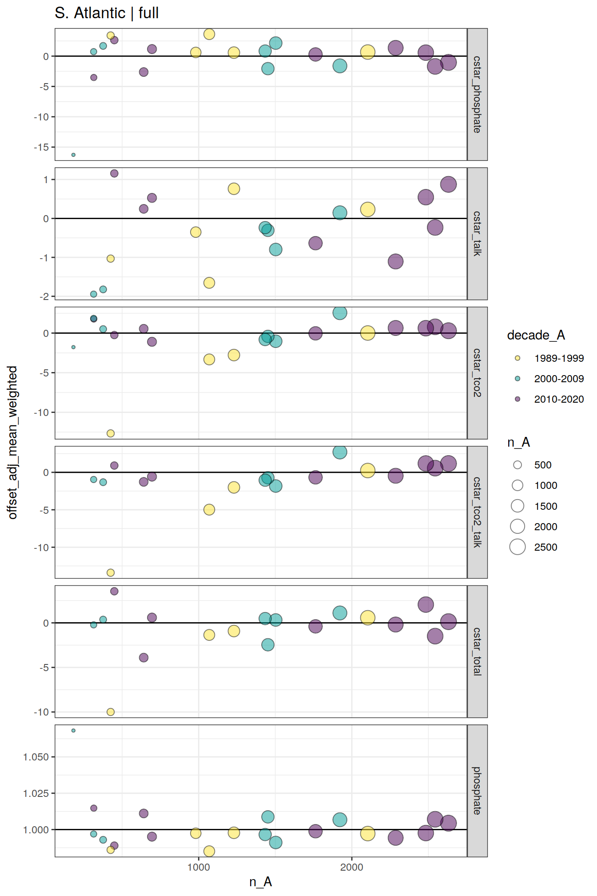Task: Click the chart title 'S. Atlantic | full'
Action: (107, 13)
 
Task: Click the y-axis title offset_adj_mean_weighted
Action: (12, 442)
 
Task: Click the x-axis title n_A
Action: (260, 882)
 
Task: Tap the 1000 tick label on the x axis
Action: (199, 867)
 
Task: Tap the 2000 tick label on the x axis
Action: (352, 867)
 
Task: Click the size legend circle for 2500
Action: (517, 547)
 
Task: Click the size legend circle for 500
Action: (517, 465)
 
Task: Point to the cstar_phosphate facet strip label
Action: (477, 94)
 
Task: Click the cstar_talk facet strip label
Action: (477, 234)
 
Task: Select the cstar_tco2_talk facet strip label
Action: (477, 512)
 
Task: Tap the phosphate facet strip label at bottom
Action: (477, 791)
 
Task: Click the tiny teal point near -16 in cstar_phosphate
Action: (73, 155)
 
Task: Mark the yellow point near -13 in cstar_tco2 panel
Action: (111, 433)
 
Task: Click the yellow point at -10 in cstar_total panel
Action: (111, 712)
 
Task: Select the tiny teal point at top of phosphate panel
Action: (73, 730)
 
